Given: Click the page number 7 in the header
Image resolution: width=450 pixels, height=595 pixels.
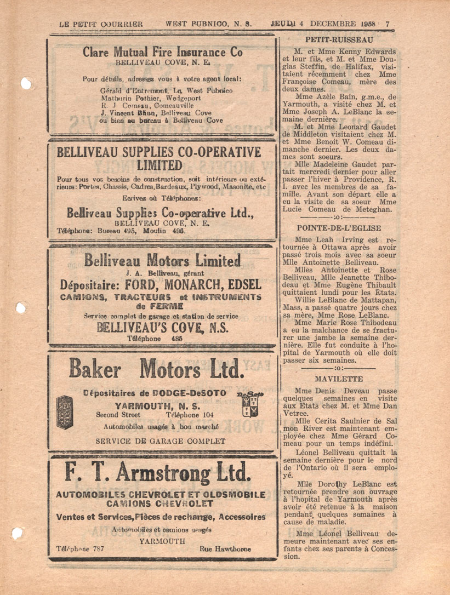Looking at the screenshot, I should tap(388, 24).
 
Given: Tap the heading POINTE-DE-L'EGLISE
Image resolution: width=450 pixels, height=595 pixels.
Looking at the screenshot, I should tap(339, 228).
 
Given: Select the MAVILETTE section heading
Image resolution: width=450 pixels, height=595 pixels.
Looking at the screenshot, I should tap(339, 379).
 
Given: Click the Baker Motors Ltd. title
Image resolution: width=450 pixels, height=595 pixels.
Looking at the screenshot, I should tap(156, 370).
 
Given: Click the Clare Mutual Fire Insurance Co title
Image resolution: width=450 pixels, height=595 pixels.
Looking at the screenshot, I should tap(163, 53).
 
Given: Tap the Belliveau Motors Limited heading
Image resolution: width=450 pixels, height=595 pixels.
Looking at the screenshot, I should tap(163, 261).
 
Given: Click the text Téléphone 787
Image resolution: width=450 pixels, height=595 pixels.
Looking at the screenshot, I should tap(81, 549).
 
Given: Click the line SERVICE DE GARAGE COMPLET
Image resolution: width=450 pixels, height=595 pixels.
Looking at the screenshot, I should tap(160, 440).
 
